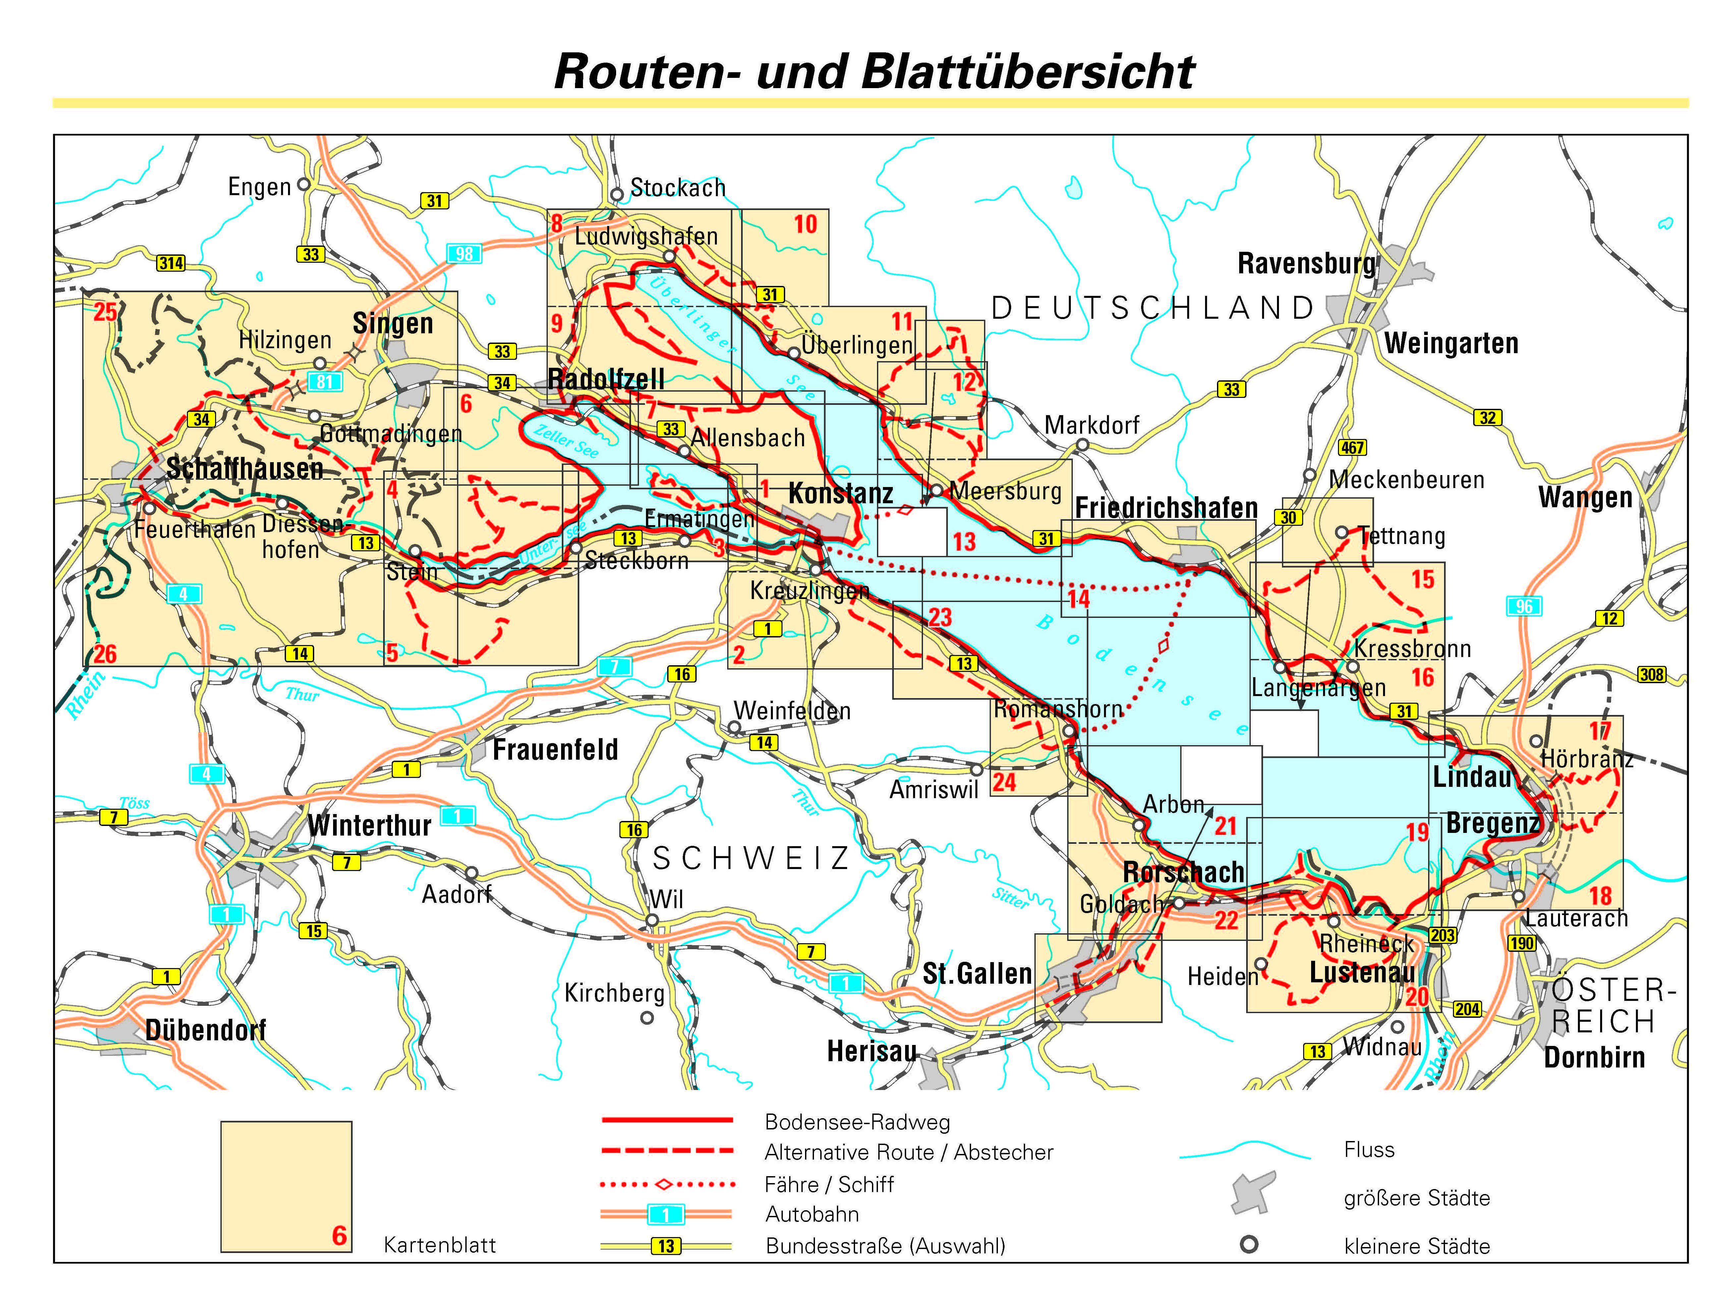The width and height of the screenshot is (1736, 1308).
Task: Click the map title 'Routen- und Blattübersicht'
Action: [874, 72]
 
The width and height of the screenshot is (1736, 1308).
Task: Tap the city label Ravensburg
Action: [1306, 264]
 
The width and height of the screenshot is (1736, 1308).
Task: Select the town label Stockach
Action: [678, 188]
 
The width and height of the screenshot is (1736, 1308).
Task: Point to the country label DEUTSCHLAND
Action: [1152, 308]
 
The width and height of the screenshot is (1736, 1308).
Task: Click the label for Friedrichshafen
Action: [1166, 508]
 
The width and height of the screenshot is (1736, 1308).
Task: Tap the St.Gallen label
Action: [977, 974]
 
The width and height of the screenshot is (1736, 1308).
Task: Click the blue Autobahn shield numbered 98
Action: [464, 253]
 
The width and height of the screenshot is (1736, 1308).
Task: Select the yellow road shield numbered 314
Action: [171, 263]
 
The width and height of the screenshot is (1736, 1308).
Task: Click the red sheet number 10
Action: [805, 224]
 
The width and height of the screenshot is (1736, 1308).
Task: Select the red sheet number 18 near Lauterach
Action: [1600, 895]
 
